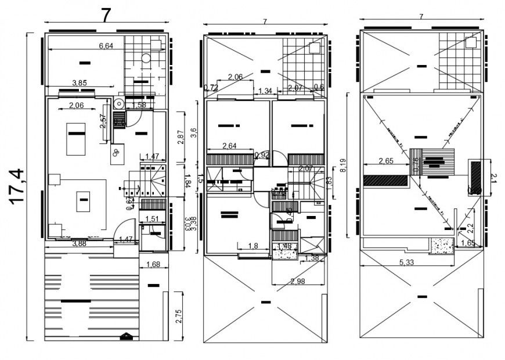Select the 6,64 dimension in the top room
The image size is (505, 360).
[106, 46]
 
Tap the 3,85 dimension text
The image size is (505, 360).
[79, 83]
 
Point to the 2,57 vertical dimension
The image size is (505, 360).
[102, 121]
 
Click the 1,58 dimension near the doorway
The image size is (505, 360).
[139, 105]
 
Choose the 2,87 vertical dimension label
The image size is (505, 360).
[181, 137]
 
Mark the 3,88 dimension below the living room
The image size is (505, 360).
[81, 243]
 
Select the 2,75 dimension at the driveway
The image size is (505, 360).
[179, 316]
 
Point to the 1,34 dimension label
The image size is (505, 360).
[265, 91]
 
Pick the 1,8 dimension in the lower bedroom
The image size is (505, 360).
[253, 246]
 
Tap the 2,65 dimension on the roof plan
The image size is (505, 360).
[386, 160]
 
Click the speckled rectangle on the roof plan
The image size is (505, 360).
[442, 247]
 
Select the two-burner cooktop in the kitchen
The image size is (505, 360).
[117, 153]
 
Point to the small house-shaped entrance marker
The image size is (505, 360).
[125, 336]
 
